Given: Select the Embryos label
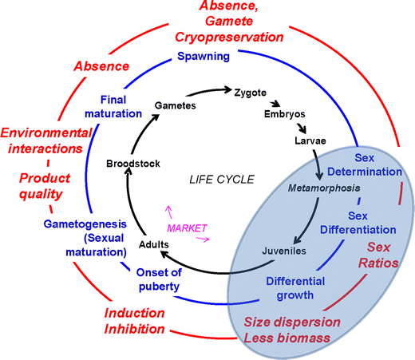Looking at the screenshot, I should pos(286,115).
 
